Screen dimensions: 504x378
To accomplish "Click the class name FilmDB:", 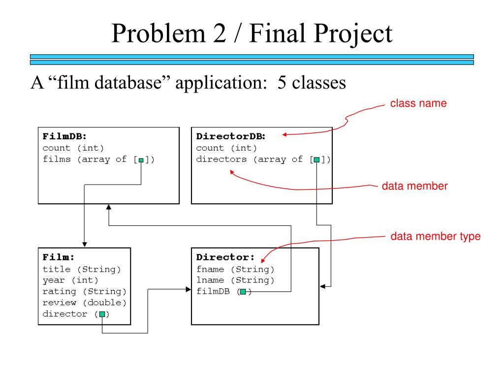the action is coord(64,136).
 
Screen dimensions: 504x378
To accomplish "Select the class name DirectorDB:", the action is coord(231,136).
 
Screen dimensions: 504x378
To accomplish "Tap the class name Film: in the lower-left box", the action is coord(59,257).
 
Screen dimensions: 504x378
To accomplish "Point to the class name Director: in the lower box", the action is coord(225,257).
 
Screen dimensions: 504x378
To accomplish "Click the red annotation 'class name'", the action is coord(418,103).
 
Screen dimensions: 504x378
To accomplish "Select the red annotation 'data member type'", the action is coord(436,236).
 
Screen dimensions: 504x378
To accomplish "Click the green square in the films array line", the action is coord(141,160).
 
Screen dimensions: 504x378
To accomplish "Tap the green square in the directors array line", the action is coord(316,160).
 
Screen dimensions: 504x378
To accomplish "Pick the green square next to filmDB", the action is coord(243,292).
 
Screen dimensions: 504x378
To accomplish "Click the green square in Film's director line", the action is coord(102,314).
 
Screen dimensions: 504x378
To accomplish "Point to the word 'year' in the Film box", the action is coord(53,280).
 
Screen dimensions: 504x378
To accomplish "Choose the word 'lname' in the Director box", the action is coord(210,280).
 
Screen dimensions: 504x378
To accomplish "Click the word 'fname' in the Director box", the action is coord(210,269).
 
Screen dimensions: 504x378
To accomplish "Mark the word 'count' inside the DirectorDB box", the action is coord(210,148).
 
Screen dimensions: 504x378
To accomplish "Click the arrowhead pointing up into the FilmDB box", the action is coord(109,207).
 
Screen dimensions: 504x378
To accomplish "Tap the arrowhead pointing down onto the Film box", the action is coord(85,245).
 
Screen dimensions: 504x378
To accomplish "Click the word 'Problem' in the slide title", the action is coord(158,34).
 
